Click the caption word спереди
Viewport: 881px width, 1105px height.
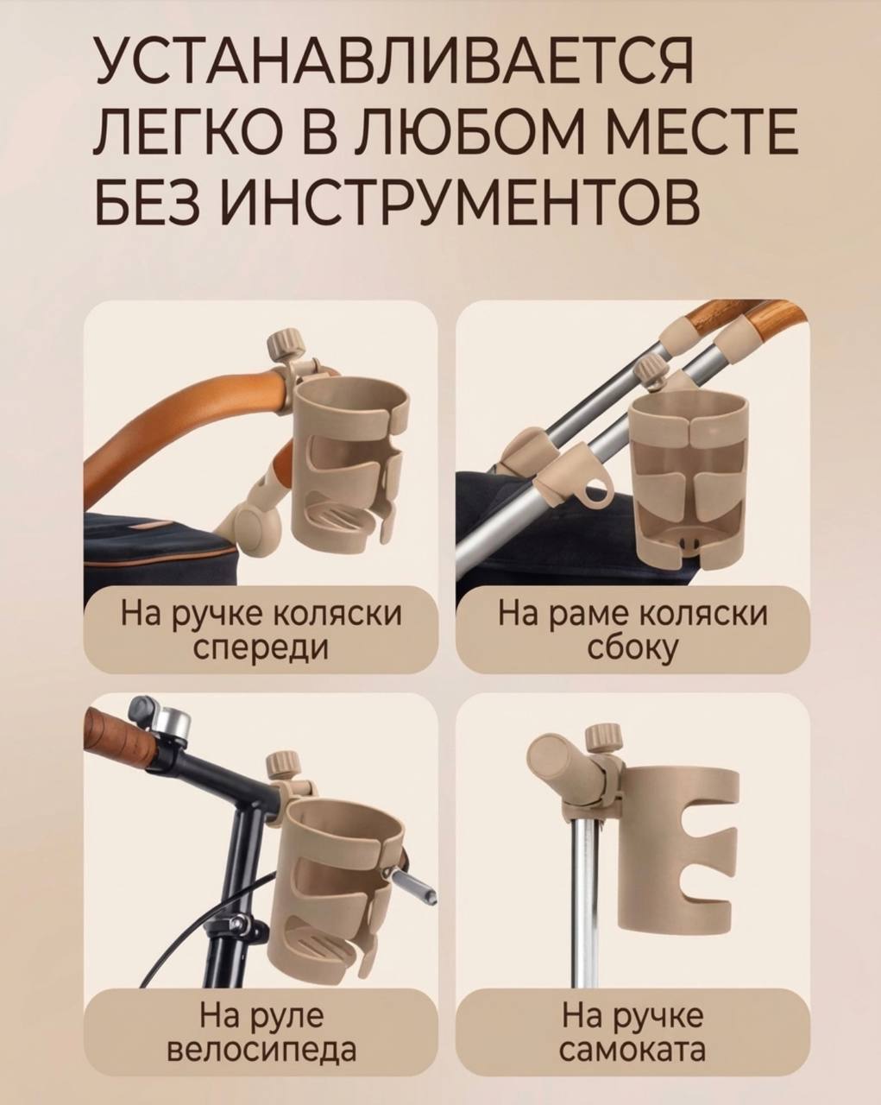pos(261,647)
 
